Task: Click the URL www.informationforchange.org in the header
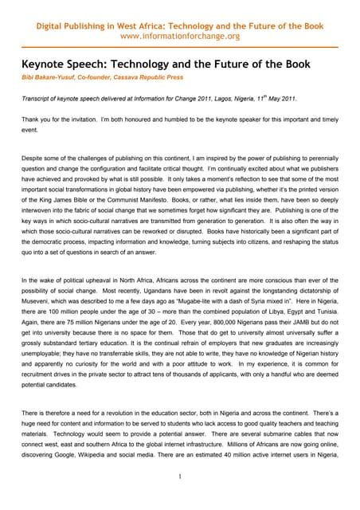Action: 179,37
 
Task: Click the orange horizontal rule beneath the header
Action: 179,48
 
